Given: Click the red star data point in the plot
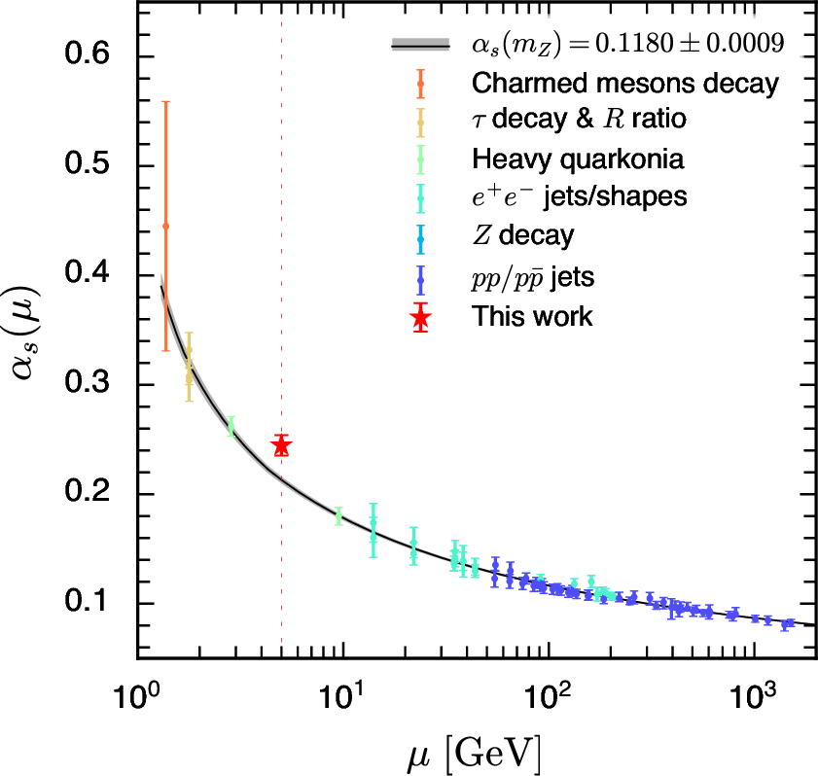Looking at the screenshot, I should coord(281,446).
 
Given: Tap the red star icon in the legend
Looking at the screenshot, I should coord(420,317).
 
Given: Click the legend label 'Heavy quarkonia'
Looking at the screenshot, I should coord(577,159).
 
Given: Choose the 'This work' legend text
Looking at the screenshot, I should coord(531,316).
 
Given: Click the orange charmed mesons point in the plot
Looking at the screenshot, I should coord(165,226).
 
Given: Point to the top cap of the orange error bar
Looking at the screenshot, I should coord(165,101).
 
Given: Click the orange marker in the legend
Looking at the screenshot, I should coord(420,84).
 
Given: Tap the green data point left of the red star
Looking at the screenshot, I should coord(231,426).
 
